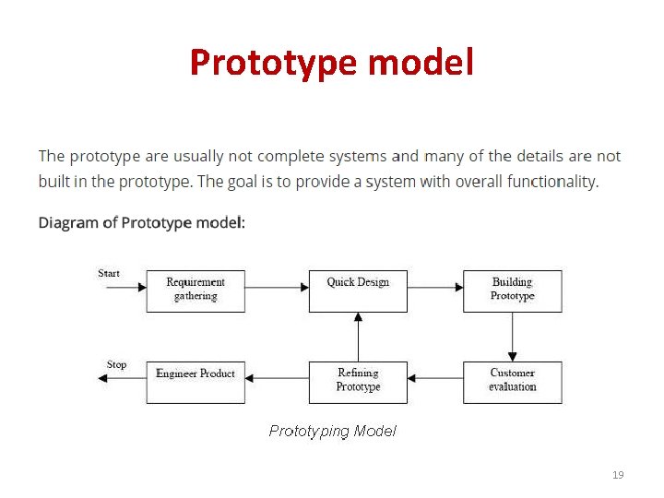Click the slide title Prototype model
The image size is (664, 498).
332,63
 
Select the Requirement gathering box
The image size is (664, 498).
196,290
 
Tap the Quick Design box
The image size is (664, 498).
358,290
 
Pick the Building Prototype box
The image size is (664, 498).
512,290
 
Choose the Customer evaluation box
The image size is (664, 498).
512,381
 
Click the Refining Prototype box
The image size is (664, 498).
358,381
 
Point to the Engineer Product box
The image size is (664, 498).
196,381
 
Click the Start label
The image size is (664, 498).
109,273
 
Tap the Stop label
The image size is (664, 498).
116,364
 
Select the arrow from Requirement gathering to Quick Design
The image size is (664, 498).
277,287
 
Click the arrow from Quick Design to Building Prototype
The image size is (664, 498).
434,287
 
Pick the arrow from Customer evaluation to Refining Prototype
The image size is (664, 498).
434,377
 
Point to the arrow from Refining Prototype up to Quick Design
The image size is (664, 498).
358,337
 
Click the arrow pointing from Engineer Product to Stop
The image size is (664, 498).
123,377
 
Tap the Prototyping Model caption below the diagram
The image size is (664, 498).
332,431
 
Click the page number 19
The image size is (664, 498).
618,475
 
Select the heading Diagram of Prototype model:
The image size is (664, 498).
142,222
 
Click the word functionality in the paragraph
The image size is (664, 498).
552,182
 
